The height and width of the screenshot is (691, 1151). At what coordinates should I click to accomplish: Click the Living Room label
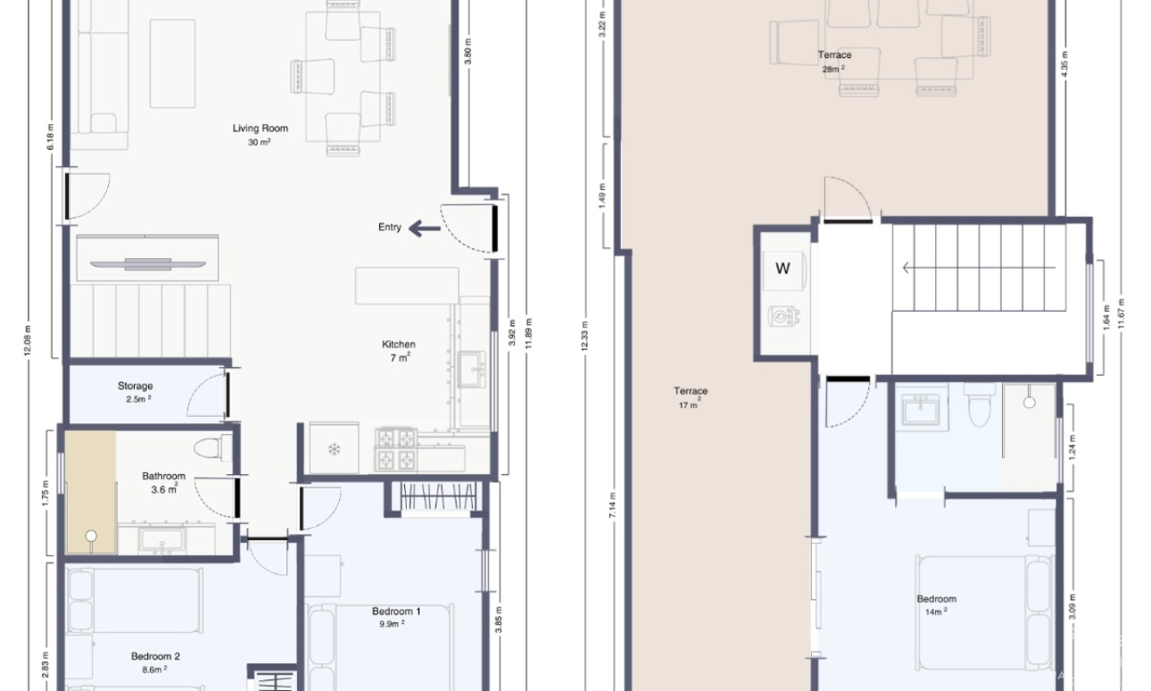pos(260,128)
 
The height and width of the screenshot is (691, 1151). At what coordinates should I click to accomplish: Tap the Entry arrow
pos(425,229)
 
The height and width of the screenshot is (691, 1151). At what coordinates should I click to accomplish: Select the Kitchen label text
pos(399,345)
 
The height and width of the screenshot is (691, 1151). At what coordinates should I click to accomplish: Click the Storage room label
pos(135,386)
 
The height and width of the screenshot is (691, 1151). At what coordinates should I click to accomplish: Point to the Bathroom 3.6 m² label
pos(164,482)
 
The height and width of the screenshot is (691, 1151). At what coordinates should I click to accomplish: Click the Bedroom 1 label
pos(396,612)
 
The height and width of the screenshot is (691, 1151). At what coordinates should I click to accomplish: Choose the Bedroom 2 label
pos(155,656)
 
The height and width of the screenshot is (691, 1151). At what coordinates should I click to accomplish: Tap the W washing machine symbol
pos(783,269)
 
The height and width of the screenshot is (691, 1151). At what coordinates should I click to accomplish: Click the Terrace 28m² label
pos(834,62)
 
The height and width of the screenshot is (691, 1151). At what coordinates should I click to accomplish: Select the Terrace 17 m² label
pos(690,397)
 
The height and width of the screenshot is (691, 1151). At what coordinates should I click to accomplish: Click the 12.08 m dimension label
pos(28,340)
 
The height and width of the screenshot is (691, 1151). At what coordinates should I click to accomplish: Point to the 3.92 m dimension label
pos(512,333)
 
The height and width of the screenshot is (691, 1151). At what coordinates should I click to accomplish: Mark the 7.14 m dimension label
pos(612,505)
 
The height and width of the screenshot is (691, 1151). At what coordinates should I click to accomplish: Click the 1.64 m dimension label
pos(1106,318)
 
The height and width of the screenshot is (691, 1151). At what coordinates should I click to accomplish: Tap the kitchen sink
pos(472,369)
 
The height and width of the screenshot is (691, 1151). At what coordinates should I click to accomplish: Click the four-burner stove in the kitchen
pos(395,449)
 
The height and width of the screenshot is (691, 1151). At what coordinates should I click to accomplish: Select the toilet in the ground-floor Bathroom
pos(213,448)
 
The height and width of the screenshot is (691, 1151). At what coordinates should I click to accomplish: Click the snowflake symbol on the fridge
pos(334,450)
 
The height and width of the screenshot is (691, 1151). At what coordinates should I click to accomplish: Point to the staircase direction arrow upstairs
pos(980,268)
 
